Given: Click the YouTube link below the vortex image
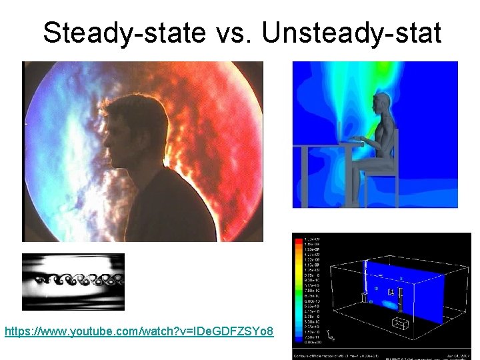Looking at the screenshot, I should [139, 331].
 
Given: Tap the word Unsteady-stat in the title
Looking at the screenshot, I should [351, 32].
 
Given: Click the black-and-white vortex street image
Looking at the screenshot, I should [73, 281].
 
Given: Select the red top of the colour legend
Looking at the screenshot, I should [297, 239].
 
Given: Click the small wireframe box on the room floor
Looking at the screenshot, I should [402, 325].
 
